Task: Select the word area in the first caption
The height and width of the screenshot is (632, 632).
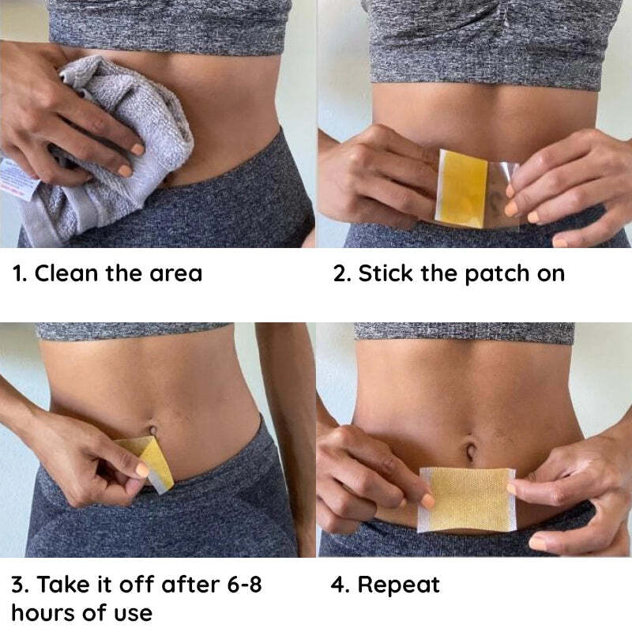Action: click(175, 274)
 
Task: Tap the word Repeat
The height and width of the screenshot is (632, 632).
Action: click(398, 585)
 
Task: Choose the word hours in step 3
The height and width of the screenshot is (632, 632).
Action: click(46, 612)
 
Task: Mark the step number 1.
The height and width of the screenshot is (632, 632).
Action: click(18, 274)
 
